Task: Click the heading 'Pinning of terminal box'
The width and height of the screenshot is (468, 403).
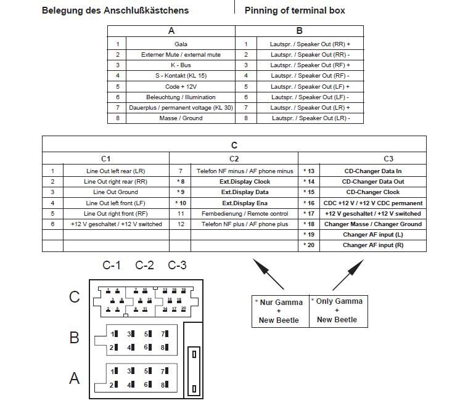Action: pyautogui.click(x=295, y=10)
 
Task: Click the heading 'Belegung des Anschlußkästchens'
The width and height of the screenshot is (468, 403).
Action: pyautogui.click(x=115, y=10)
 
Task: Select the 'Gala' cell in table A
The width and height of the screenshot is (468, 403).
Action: pyautogui.click(x=181, y=44)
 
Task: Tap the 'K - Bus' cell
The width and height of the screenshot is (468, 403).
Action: pyautogui.click(x=181, y=65)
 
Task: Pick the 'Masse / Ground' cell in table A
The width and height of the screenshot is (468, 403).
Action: pyautogui.click(x=181, y=118)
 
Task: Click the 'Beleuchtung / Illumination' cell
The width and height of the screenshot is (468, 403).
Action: pyautogui.click(x=181, y=97)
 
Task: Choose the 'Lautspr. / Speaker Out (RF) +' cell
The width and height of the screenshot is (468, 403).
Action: pyautogui.click(x=310, y=65)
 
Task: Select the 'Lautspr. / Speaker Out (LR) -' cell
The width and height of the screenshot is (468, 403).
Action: pyautogui.click(x=310, y=118)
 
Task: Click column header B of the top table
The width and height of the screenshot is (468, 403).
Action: pyautogui.click(x=300, y=31)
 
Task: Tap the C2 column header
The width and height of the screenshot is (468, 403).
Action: pyautogui.click(x=234, y=159)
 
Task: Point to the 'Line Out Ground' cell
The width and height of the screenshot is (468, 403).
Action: pyautogui.click(x=116, y=192)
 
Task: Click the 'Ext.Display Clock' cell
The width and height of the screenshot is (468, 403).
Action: pyautogui.click(x=245, y=182)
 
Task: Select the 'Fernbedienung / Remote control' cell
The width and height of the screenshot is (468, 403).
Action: pyautogui.click(x=245, y=213)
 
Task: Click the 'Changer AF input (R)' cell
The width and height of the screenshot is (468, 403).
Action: pyautogui.click(x=373, y=245)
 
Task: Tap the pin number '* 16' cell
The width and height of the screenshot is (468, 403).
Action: pyautogui.click(x=309, y=203)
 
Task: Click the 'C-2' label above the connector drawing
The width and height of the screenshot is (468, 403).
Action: pyautogui.click(x=144, y=266)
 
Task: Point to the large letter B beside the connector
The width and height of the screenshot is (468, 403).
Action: pyautogui.click(x=74, y=338)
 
